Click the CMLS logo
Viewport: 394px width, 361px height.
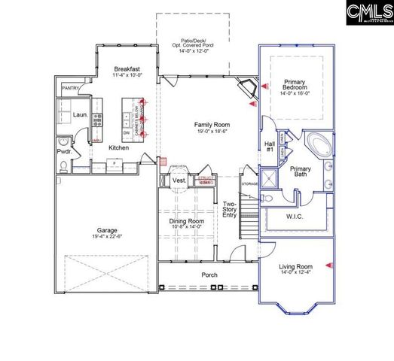click(x=369, y=13)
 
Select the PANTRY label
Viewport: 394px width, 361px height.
click(x=71, y=88)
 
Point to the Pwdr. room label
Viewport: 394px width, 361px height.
click(x=64, y=151)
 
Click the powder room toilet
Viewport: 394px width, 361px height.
click(x=63, y=140)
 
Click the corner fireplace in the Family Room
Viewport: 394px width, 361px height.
click(x=247, y=89)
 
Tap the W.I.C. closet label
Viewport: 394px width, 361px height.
click(x=294, y=218)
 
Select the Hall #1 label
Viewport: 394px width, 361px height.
click(x=269, y=146)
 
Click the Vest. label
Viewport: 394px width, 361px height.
click(x=179, y=181)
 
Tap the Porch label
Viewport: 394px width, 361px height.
click(x=209, y=275)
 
